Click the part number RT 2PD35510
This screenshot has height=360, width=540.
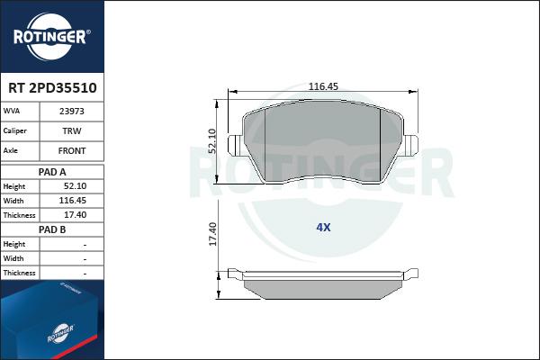(x=52, y=88)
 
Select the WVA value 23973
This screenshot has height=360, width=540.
(x=72, y=112)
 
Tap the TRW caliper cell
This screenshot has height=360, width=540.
(x=72, y=130)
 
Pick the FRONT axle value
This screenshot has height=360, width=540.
(x=72, y=150)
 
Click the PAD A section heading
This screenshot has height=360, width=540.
(x=52, y=172)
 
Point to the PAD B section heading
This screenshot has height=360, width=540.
(x=52, y=229)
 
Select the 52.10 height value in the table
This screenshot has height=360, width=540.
(x=75, y=186)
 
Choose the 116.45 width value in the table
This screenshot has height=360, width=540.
(x=72, y=201)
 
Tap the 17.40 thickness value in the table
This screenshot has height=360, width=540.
(x=75, y=215)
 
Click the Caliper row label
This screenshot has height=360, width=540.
(x=14, y=130)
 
